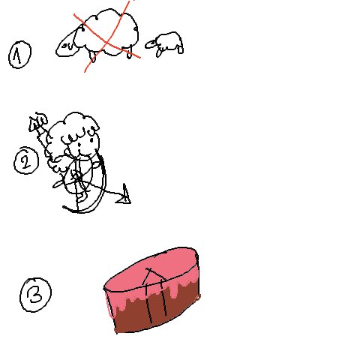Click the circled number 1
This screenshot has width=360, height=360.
point(20,55)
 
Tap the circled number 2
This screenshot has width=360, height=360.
point(26,160)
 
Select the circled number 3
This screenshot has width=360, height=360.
point(36,295)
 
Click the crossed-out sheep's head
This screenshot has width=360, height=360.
point(66,46)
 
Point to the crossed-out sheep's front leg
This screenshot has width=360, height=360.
point(92,57)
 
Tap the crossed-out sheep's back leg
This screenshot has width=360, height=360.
point(129,52)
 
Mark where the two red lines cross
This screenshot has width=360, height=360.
point(107,42)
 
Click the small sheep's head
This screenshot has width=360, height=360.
point(151,44)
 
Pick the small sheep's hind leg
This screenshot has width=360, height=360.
point(180,49)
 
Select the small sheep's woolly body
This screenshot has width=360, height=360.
point(169,41)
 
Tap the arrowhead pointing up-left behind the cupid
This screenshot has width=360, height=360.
point(34,124)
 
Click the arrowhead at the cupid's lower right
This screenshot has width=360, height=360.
point(124,196)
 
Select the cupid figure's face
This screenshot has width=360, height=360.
point(81,145)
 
